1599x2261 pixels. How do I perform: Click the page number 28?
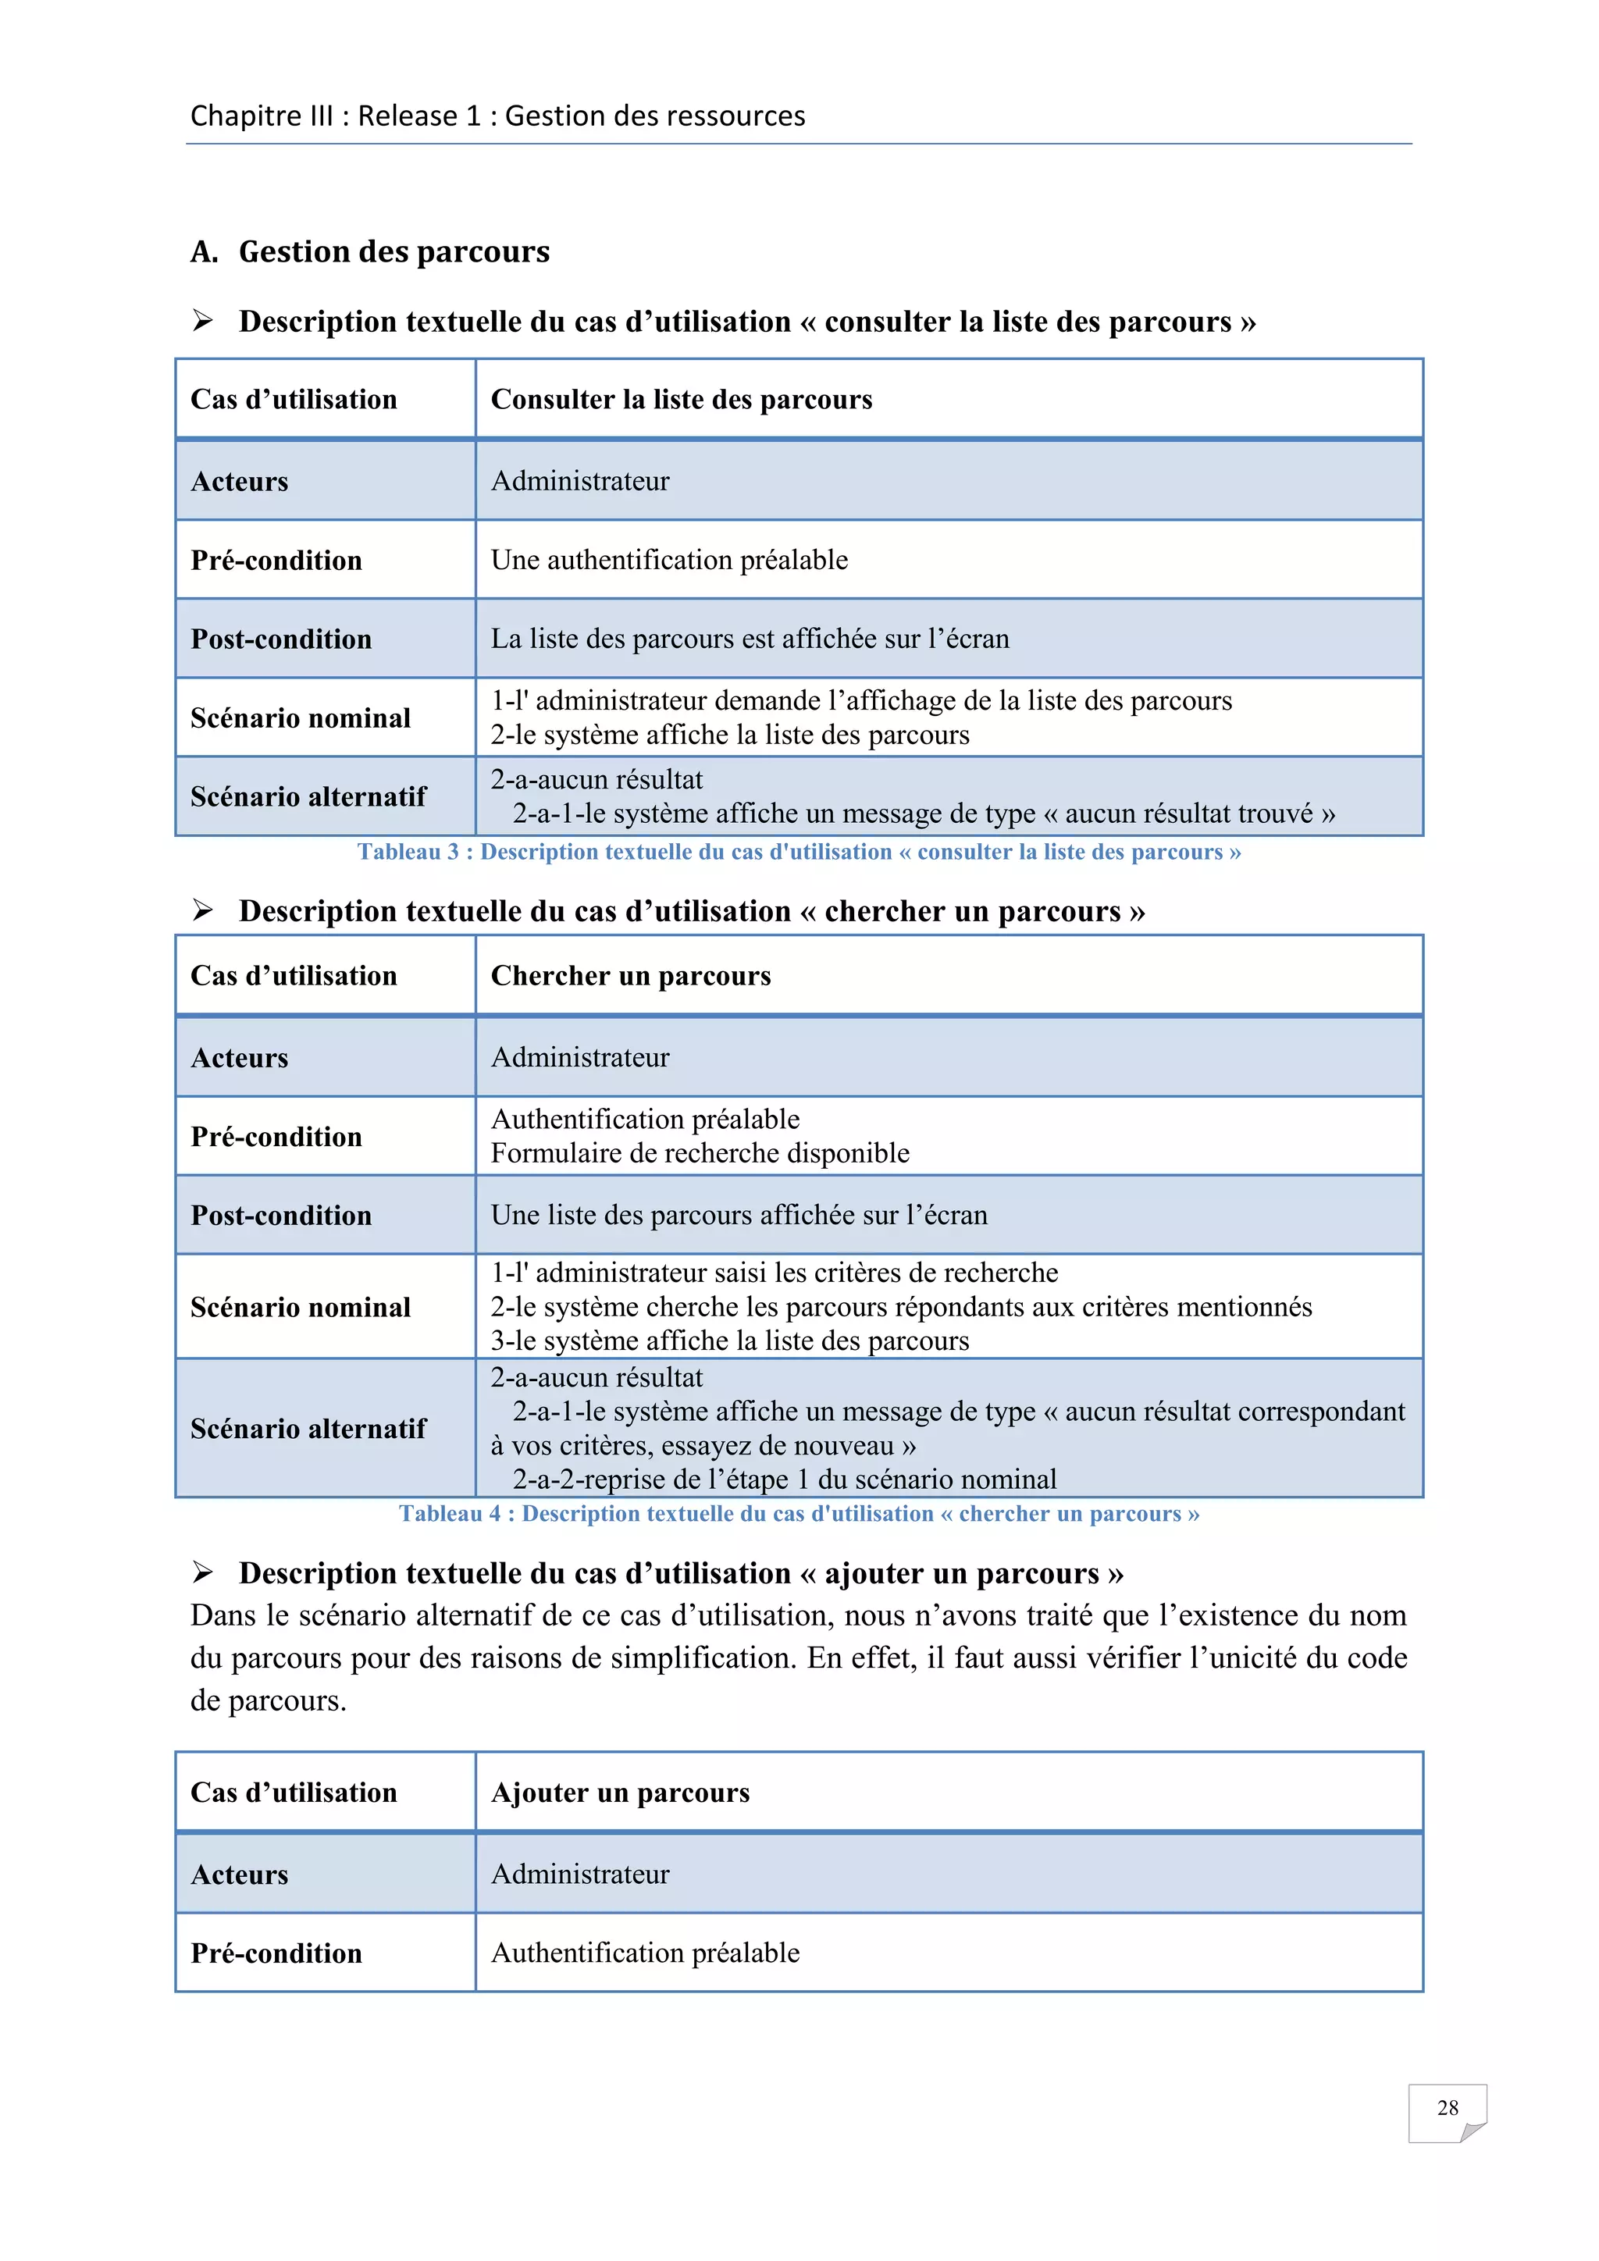(x=1447, y=2107)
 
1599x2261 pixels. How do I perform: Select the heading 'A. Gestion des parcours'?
(x=370, y=252)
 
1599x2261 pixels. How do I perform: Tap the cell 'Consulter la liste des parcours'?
(x=682, y=400)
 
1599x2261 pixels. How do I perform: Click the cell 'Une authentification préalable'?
(x=670, y=561)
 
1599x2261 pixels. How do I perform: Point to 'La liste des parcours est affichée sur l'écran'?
(x=750, y=639)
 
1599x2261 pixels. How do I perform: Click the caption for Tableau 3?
(x=799, y=852)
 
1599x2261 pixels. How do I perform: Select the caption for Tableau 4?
(x=799, y=1514)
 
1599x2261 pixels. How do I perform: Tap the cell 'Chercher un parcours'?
(x=630, y=976)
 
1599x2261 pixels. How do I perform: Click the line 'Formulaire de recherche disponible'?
(x=700, y=1153)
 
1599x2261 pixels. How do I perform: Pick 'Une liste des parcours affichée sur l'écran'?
(x=739, y=1215)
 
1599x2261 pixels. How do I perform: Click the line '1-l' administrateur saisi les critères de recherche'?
(x=774, y=1273)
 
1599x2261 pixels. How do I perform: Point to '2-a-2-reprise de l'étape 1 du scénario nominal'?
(x=784, y=1479)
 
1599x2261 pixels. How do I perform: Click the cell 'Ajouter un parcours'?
(x=620, y=1793)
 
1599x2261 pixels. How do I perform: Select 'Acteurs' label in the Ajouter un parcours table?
(x=239, y=1875)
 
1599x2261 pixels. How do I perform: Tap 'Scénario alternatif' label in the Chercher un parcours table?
(x=308, y=1429)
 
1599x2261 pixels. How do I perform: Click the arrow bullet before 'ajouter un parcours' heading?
(x=203, y=1572)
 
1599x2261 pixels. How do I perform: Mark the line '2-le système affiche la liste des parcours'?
(x=729, y=735)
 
